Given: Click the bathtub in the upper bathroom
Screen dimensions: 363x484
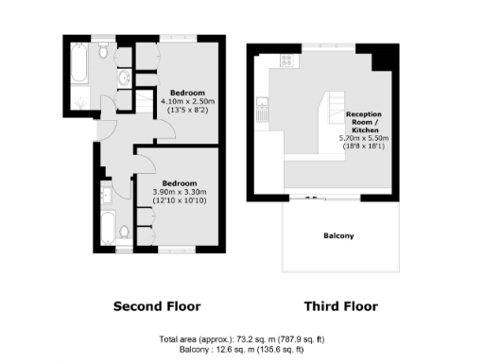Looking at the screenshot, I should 77,65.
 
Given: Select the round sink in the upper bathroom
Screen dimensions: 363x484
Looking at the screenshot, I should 126,78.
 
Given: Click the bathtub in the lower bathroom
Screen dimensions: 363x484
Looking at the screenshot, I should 109,231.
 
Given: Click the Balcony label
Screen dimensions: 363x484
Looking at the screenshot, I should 338,236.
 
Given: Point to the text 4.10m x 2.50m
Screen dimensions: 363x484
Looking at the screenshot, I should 188,101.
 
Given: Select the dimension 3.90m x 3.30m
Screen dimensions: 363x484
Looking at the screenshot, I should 181,192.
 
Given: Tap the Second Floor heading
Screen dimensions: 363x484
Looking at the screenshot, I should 157,306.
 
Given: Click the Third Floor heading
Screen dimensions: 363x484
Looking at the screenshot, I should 340,306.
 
